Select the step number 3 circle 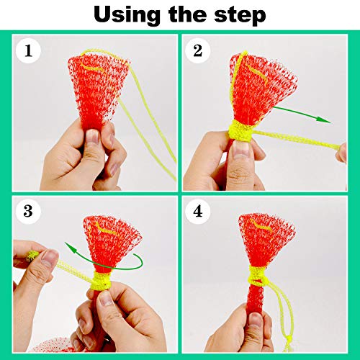click(x=28, y=212)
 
